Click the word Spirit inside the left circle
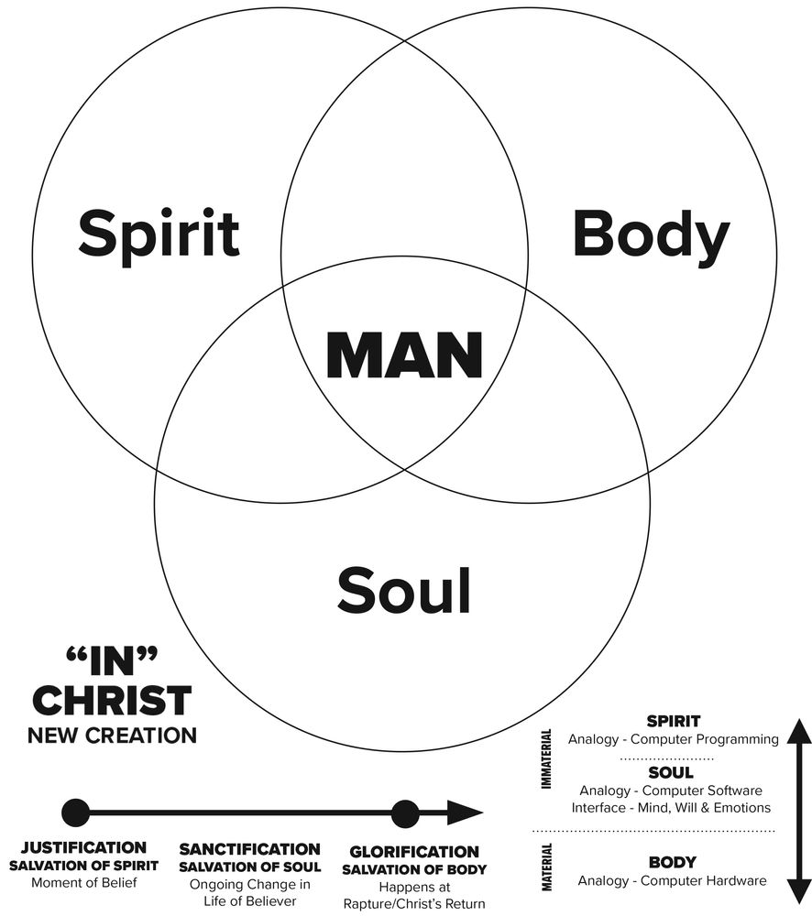(159, 234)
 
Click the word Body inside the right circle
(651, 234)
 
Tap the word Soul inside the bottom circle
(403, 590)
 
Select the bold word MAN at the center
(404, 356)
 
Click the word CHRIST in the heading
(112, 702)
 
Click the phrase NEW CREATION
(112, 735)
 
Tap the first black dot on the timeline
(75, 812)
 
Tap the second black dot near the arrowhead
(404, 812)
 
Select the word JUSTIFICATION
(83, 848)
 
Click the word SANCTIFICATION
(249, 849)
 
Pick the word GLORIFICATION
(414, 852)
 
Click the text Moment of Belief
(83, 883)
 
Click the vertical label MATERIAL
(547, 867)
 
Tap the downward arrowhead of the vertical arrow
(799, 889)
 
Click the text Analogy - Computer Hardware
(672, 881)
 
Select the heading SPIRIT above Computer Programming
(673, 722)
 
